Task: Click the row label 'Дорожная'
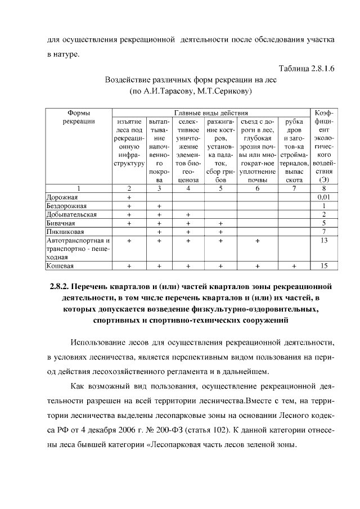pyautogui.click(x=62, y=197)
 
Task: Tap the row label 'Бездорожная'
pyautogui.click(x=65, y=206)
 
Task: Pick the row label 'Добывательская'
pyautogui.click(x=71, y=214)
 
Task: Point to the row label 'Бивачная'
pyautogui.click(x=61, y=223)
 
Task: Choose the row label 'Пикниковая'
pyautogui.click(x=65, y=232)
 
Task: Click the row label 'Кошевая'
pyautogui.click(x=60, y=265)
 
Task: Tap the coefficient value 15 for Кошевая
pyautogui.click(x=323, y=265)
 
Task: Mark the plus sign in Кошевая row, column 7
pyautogui.click(x=294, y=265)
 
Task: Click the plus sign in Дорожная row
pyautogui.click(x=129, y=197)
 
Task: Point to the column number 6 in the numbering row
pyautogui.click(x=257, y=189)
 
